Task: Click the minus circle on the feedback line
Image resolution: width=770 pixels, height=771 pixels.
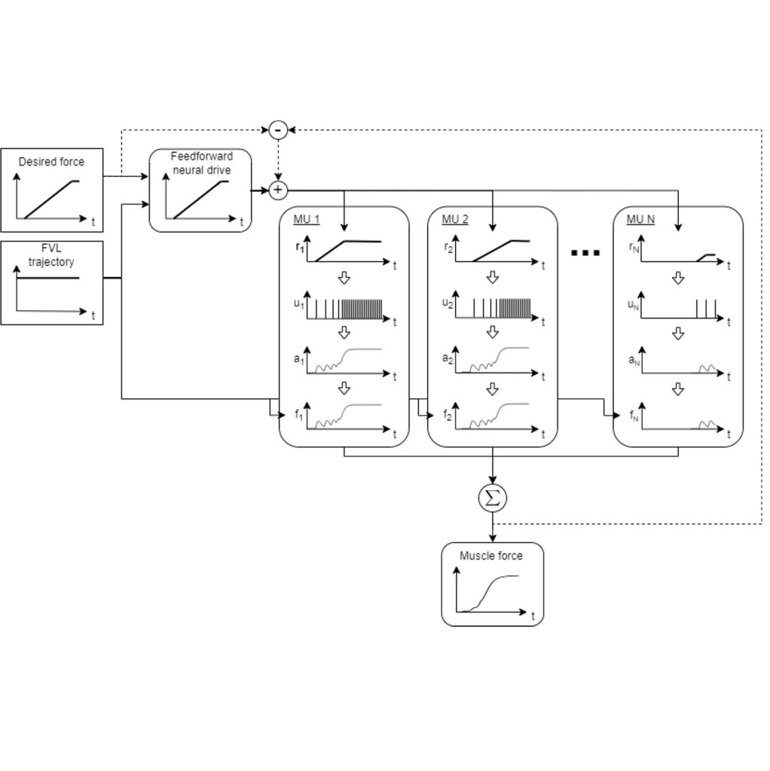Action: [278, 130]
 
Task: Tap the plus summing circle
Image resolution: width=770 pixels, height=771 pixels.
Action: [278, 190]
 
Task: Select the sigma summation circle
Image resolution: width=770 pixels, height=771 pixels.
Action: [493, 498]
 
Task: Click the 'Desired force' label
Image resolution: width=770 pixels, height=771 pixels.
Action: [51, 162]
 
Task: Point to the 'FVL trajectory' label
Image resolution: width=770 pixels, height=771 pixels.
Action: [51, 256]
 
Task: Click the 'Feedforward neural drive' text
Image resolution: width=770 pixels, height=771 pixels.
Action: [201, 163]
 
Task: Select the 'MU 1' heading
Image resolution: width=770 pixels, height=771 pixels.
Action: [307, 220]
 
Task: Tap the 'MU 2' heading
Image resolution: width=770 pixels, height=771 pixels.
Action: [455, 220]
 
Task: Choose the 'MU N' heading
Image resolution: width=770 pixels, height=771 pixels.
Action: [640, 220]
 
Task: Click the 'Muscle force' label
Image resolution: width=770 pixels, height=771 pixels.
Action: [491, 556]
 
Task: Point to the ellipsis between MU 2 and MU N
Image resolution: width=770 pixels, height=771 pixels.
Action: [585, 253]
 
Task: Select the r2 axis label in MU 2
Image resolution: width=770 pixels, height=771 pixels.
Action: [448, 246]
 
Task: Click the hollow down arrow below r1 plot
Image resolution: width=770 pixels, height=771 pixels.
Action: [344, 279]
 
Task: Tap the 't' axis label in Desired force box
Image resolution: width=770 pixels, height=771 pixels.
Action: [93, 222]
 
